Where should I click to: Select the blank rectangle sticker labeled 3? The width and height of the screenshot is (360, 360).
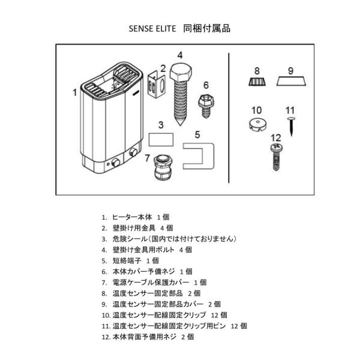coord(160,140)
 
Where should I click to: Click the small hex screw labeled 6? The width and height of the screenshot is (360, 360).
coord(205,104)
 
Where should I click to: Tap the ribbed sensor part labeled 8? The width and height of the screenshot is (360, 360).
coord(257,81)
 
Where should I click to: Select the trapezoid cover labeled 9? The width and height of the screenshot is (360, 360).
coord(290,81)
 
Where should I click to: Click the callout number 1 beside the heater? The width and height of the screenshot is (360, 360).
coord(74,92)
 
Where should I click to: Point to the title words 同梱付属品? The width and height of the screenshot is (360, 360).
coord(208,28)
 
